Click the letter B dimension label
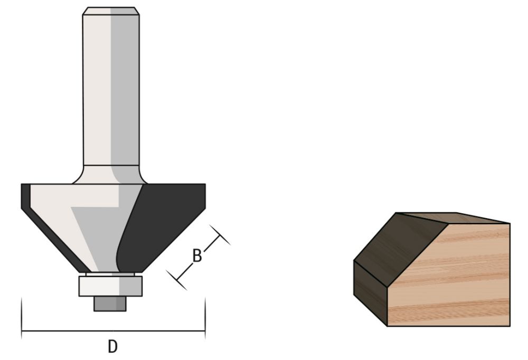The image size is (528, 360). pos(196,257)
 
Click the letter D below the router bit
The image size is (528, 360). pos(112,347)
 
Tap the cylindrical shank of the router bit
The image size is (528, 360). pos(111,90)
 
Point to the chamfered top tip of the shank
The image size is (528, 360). pos(111,11)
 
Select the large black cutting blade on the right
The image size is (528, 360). pos(164,222)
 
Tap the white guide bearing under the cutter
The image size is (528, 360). pos(111,286)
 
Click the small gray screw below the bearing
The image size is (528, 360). pos(110,304)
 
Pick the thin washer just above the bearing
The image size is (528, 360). pos(111,274)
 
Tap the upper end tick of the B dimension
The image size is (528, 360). pos(220,235)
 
